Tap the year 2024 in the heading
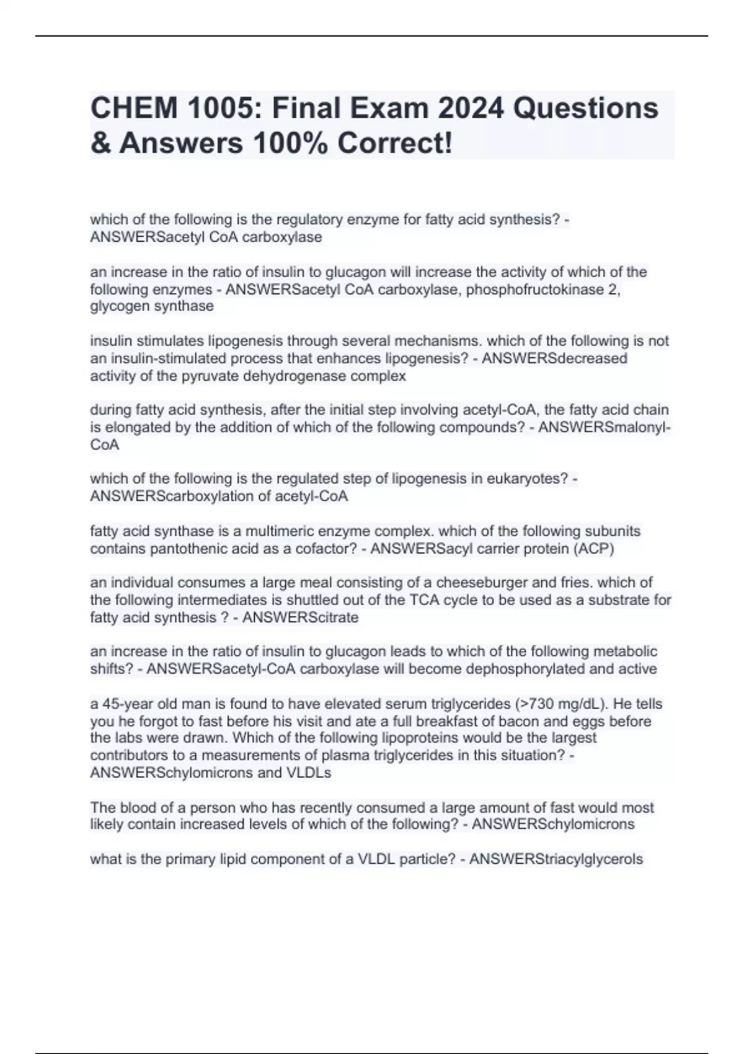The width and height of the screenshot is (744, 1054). [x=470, y=108]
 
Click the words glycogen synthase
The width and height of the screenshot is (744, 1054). [x=152, y=306]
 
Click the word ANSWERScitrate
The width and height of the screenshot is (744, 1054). [x=300, y=618]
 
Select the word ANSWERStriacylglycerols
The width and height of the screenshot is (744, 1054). [x=556, y=859]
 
